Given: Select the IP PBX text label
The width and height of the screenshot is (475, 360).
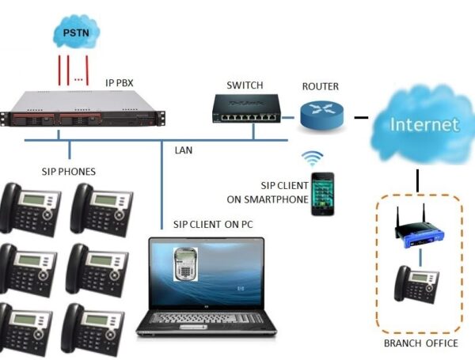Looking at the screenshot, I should (x=124, y=81).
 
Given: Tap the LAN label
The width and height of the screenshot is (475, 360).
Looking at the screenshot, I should (x=184, y=149).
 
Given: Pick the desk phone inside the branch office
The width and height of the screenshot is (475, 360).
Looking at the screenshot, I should (x=415, y=284).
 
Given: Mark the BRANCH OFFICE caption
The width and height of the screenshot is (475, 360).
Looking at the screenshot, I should (x=420, y=343).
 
